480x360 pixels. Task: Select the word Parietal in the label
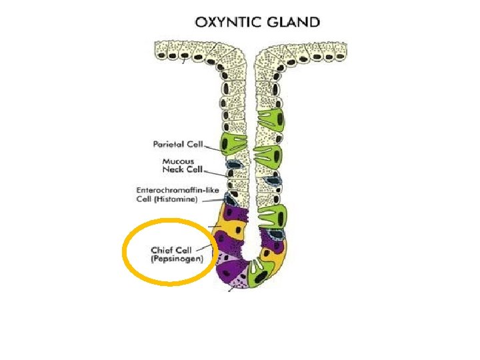click(169, 144)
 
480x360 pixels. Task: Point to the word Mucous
click(179, 161)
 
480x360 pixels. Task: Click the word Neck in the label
click(175, 169)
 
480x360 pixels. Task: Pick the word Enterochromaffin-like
click(177, 191)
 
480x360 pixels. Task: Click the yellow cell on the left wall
click(229, 230)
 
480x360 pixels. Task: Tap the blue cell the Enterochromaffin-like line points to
click(231, 198)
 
